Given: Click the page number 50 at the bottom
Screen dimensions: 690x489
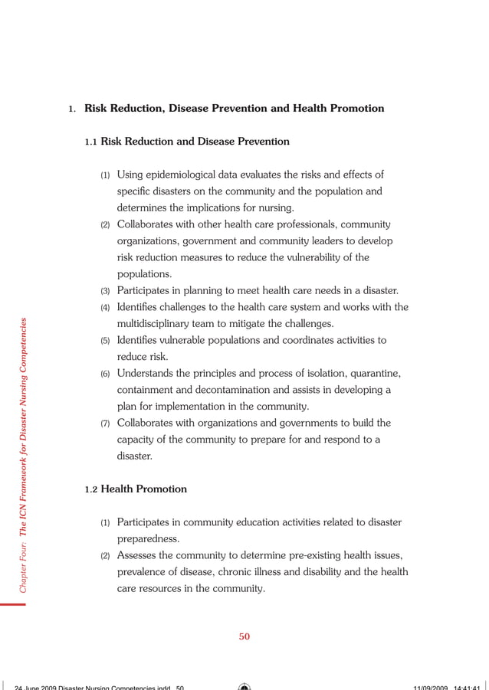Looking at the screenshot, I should tap(244, 636).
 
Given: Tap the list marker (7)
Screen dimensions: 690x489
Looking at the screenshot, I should tap(106, 423).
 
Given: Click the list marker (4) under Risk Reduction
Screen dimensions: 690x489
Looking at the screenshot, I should tap(106, 308).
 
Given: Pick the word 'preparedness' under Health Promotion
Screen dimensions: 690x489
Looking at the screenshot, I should tap(149, 538).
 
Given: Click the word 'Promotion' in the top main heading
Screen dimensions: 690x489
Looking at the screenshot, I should tap(353, 109).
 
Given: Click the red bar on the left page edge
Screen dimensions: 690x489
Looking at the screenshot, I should tap(13, 604).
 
